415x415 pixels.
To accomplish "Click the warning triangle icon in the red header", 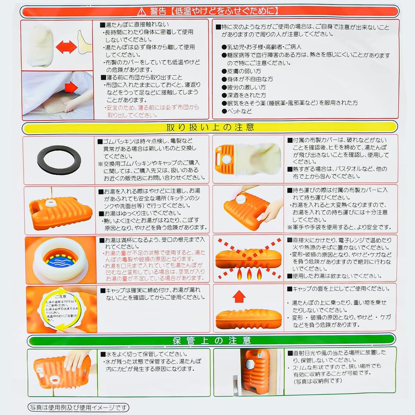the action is pyautogui.click(x=141, y=11).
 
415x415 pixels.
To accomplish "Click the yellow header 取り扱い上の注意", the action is pyautogui.click(x=210, y=127).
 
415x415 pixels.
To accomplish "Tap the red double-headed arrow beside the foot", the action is pyautogui.click(x=66, y=47).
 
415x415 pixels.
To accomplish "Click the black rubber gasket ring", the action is pyautogui.click(x=59, y=160).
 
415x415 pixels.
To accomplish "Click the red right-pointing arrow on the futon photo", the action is pyautogui.click(x=71, y=87).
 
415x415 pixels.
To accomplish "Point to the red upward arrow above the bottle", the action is pyautogui.click(x=239, y=297).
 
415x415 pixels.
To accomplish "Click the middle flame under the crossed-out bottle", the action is pyautogui.click(x=248, y=274).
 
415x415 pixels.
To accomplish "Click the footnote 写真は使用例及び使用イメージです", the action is pyautogui.click(x=78, y=407).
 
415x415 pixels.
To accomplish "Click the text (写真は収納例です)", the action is pyautogui.click(x=318, y=381).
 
